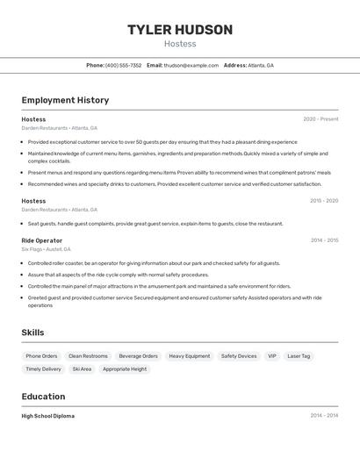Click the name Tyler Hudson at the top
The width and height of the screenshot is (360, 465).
pyautogui.click(x=180, y=30)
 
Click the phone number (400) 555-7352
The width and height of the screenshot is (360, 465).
pyautogui.click(x=123, y=65)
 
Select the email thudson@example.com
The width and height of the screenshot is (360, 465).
pyautogui.click(x=191, y=65)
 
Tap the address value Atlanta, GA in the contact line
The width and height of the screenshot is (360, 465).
pyautogui.click(x=261, y=65)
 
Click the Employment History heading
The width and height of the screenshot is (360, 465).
pyautogui.click(x=65, y=100)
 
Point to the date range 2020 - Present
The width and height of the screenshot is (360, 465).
pyautogui.click(x=320, y=119)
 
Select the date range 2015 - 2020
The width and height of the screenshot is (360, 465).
pyautogui.click(x=323, y=201)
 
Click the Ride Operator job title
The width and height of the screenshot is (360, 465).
pyautogui.click(x=42, y=240)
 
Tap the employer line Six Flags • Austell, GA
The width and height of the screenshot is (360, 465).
pyautogui.click(x=47, y=249)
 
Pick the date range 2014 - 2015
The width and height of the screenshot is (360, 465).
pyautogui.click(x=324, y=240)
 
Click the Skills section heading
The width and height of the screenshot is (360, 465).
pyautogui.click(x=32, y=333)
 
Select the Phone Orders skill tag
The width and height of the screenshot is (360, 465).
pyautogui.click(x=41, y=356)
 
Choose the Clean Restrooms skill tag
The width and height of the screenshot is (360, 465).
pyautogui.click(x=88, y=356)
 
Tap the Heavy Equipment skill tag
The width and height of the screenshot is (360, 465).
pyautogui.click(x=190, y=356)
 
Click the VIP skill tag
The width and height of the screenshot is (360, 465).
pyautogui.click(x=272, y=356)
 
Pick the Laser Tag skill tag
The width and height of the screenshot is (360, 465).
pyautogui.click(x=299, y=356)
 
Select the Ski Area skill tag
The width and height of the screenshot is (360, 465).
pyautogui.click(x=82, y=369)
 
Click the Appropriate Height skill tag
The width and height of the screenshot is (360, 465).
pyautogui.click(x=125, y=369)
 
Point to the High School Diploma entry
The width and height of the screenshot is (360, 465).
pyautogui.click(x=47, y=416)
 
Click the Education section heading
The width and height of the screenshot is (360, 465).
pyautogui.click(x=43, y=397)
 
